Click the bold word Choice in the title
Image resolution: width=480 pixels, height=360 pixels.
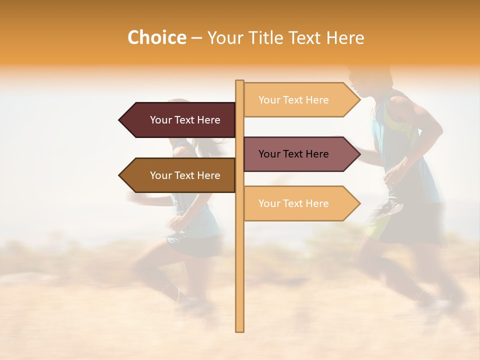156,37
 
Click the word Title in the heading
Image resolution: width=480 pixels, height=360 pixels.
264,37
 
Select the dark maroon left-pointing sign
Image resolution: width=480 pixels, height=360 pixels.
180,120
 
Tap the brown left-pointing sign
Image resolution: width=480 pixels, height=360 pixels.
180,175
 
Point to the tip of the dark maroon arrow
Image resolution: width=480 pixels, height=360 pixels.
120,120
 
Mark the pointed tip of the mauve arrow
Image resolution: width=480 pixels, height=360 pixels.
359,154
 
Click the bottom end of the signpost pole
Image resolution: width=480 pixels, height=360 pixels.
240,330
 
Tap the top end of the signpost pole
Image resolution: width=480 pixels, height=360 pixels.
240,82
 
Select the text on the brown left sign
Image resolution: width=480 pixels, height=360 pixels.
185,175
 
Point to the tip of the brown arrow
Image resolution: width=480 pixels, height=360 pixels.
120,175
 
